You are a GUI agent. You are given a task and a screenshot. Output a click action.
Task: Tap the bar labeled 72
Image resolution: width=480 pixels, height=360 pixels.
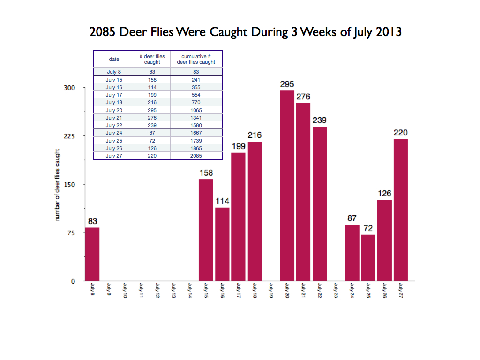click(x=368, y=257)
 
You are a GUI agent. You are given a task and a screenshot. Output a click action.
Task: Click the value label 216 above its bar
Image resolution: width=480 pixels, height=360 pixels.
click(x=255, y=135)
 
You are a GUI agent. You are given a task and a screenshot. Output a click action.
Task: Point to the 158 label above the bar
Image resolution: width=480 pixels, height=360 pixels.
click(x=206, y=173)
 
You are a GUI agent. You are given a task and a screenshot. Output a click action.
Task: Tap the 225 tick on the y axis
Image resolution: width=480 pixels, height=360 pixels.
click(x=69, y=136)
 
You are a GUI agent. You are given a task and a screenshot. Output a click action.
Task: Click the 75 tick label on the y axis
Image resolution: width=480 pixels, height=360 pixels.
click(x=72, y=233)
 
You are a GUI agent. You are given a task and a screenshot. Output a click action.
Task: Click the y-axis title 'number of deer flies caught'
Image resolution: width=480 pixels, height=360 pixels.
click(x=57, y=185)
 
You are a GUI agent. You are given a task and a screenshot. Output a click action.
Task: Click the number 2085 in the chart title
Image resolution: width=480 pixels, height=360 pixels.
click(x=103, y=32)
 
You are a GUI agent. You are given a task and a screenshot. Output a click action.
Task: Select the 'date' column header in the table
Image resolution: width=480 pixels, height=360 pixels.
click(x=114, y=60)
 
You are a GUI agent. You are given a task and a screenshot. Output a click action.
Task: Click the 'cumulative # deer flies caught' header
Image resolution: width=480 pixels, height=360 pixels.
click(x=196, y=59)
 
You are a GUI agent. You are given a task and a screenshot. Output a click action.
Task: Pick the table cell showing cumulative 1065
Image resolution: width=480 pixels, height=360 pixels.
click(x=196, y=110)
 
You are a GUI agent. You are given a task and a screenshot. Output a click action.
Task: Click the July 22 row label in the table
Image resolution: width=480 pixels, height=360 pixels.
click(x=114, y=125)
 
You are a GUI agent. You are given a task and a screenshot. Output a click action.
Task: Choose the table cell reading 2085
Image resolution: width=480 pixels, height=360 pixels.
click(x=196, y=156)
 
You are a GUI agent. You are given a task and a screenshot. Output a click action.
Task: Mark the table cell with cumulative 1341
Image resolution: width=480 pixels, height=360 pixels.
click(x=196, y=118)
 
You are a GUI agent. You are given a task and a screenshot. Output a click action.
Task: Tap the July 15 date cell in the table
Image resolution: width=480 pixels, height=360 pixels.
click(x=114, y=80)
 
